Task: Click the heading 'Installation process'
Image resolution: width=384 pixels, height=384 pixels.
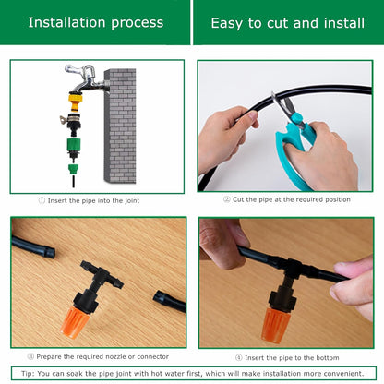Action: click(95, 22)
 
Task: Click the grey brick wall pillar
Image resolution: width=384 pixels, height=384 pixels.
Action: click(119, 125)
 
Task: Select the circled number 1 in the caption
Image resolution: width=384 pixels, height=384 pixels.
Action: click(42, 199)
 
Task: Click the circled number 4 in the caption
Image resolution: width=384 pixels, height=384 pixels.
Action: click(239, 355)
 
